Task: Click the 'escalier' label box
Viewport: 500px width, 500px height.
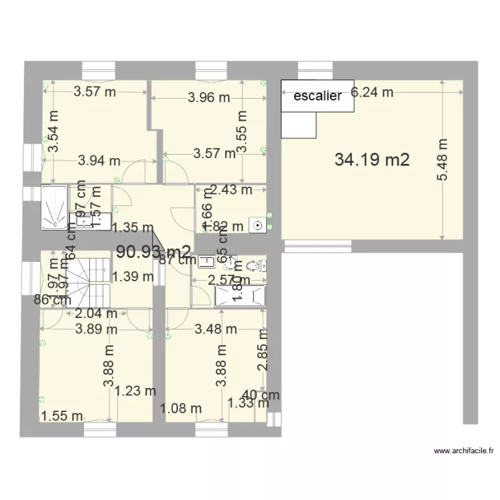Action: (317, 95)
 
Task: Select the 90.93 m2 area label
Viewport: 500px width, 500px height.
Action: (153, 251)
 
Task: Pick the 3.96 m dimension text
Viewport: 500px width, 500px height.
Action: (209, 97)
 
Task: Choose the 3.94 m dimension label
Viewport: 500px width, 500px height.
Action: (99, 160)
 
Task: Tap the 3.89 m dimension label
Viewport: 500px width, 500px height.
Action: (97, 328)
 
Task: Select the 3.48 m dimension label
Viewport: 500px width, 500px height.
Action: (216, 328)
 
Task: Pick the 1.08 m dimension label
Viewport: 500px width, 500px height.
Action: (181, 407)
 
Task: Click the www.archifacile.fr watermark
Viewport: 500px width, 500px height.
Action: (464, 451)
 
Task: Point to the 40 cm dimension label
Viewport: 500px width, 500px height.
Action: (261, 394)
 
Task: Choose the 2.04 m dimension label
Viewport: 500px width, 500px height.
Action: (96, 313)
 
